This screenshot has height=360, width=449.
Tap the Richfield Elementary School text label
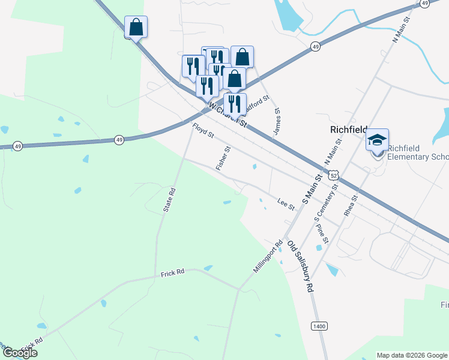pyautogui.click(x=418, y=153)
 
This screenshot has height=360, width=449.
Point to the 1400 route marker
pyautogui.click(x=319, y=326)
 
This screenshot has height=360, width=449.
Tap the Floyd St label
pyautogui.click(x=203, y=130)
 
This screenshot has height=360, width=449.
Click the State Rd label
pyautogui.click(x=170, y=200)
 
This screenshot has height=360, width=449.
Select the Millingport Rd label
pyautogui.click(x=268, y=257)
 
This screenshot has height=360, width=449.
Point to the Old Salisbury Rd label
pyautogui.click(x=301, y=266)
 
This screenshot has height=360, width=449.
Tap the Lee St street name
pyautogui.click(x=286, y=204)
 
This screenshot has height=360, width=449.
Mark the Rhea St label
pyautogui.click(x=351, y=205)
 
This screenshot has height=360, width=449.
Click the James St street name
pyautogui.click(x=277, y=121)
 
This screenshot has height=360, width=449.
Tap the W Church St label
pyautogui.click(x=228, y=114)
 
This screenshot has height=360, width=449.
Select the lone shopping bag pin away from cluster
pyautogui.click(x=136, y=26)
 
